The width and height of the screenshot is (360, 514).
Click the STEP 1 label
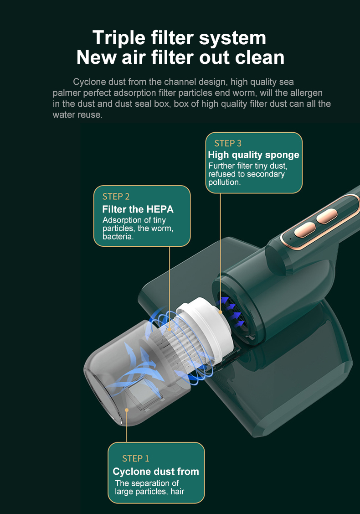(x=136, y=458)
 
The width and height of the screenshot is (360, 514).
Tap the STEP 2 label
(x=116, y=197)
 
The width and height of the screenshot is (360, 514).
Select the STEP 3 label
(x=228, y=143)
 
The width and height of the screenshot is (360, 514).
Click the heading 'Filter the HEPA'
(x=138, y=209)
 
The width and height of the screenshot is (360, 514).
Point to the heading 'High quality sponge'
(x=253, y=155)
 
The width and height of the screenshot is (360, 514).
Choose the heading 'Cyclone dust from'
(x=156, y=472)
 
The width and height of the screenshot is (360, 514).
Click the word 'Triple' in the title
(x=119, y=38)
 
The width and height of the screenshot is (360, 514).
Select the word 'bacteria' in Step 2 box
(x=117, y=236)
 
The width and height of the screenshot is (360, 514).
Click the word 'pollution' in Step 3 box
(x=224, y=182)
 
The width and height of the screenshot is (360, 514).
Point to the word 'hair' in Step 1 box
(x=177, y=491)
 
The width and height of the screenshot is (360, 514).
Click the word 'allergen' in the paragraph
(x=306, y=93)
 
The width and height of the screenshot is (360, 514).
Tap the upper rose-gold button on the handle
(x=327, y=216)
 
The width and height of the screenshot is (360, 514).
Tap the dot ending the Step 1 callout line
(x=127, y=410)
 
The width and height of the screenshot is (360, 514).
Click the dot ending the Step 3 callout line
(x=221, y=312)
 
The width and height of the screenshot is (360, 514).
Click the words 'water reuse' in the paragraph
(x=77, y=115)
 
